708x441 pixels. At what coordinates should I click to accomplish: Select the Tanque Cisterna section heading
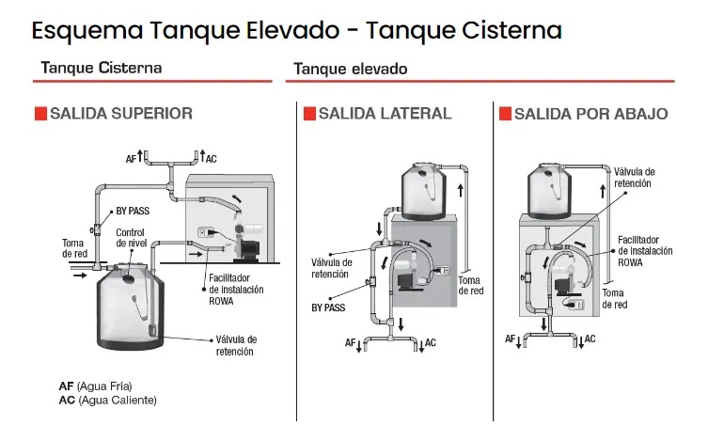(102, 68)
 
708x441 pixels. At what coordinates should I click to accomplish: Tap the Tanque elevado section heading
(350, 69)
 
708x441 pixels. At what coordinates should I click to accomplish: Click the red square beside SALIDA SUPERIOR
(40, 114)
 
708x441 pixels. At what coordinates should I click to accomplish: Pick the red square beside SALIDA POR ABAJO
(505, 114)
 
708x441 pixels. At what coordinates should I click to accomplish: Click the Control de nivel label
(130, 237)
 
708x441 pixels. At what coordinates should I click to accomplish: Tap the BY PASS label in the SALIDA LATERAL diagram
(329, 307)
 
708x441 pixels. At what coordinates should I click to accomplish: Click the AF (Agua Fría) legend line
(95, 386)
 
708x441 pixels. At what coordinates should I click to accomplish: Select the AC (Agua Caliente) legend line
(107, 400)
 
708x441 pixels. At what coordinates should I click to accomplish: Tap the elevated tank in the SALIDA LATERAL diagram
(423, 189)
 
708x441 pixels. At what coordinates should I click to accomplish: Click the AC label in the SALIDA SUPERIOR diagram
(211, 159)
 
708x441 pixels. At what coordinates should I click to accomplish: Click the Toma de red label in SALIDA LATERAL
(470, 285)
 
